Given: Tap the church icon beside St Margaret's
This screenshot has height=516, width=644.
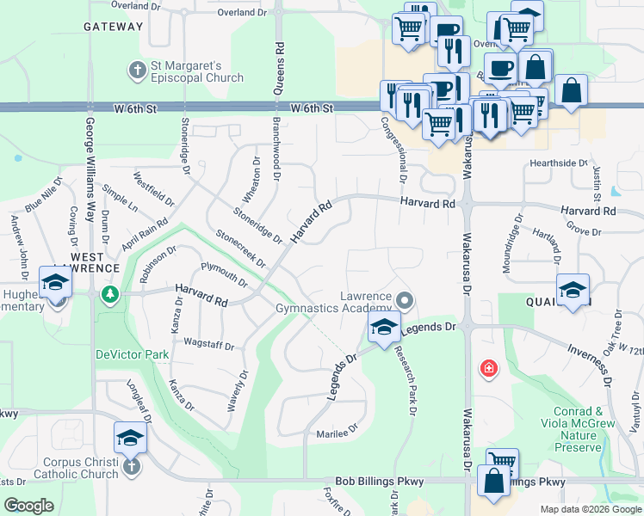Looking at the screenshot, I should pyautogui.click(x=136, y=68).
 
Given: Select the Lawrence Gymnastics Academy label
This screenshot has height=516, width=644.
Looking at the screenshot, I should pyautogui.click(x=334, y=301).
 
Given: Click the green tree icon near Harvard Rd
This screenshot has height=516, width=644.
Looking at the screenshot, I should pyautogui.click(x=109, y=294).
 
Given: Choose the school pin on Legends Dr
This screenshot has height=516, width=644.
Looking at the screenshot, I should pyautogui.click(x=384, y=325).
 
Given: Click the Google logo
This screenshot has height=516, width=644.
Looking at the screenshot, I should pyautogui.click(x=28, y=506).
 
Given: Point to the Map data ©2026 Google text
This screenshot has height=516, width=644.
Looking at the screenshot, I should pyautogui.click(x=590, y=509).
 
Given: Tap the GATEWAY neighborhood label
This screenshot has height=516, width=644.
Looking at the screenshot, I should pyautogui.click(x=113, y=27).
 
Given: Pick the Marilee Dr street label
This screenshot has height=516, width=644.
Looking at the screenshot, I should pyautogui.click(x=336, y=434).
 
